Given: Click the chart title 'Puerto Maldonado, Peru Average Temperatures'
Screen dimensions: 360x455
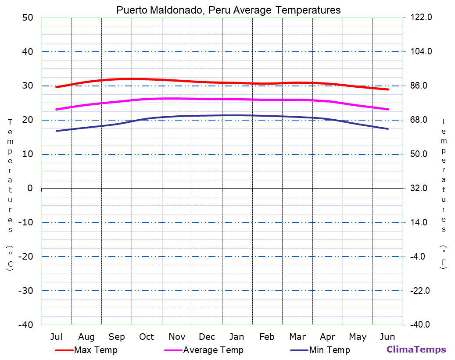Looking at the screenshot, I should [228, 10].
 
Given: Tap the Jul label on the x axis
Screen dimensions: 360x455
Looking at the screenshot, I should [56, 337].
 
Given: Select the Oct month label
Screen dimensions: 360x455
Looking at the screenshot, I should [147, 337].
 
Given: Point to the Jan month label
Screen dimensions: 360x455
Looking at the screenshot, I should [237, 337].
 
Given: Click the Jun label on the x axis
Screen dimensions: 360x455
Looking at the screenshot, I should [387, 337].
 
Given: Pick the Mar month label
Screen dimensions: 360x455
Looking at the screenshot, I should [297, 337].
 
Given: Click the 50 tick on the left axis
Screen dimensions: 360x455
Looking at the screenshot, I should [27, 18].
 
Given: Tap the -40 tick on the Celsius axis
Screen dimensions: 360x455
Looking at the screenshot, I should [25, 325].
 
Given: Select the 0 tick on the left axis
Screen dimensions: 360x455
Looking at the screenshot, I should [30, 188].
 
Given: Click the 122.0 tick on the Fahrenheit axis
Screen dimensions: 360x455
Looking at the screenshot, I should [421, 18].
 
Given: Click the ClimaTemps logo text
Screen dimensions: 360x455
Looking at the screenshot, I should [416, 349].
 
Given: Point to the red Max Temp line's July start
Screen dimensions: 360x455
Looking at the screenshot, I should [57, 87].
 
